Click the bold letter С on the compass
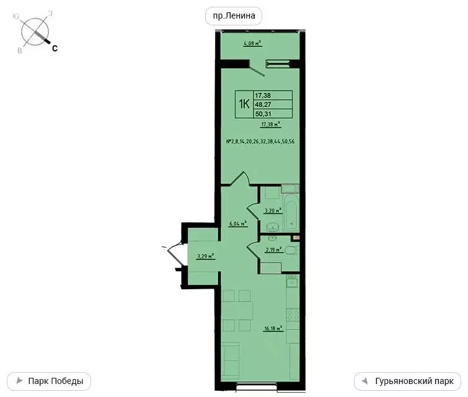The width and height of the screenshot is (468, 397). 55,48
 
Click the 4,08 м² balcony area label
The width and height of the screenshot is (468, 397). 252,43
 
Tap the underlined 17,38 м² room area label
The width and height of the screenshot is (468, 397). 270,124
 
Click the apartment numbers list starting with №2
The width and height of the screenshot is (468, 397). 260,142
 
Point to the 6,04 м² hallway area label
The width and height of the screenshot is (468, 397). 237,224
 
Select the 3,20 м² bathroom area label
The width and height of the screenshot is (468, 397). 273,210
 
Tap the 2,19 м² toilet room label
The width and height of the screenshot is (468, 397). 273,250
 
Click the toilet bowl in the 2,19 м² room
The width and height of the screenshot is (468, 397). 294,250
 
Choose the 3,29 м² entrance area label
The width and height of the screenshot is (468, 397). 205,255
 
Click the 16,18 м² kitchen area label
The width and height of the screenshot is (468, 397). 273,329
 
